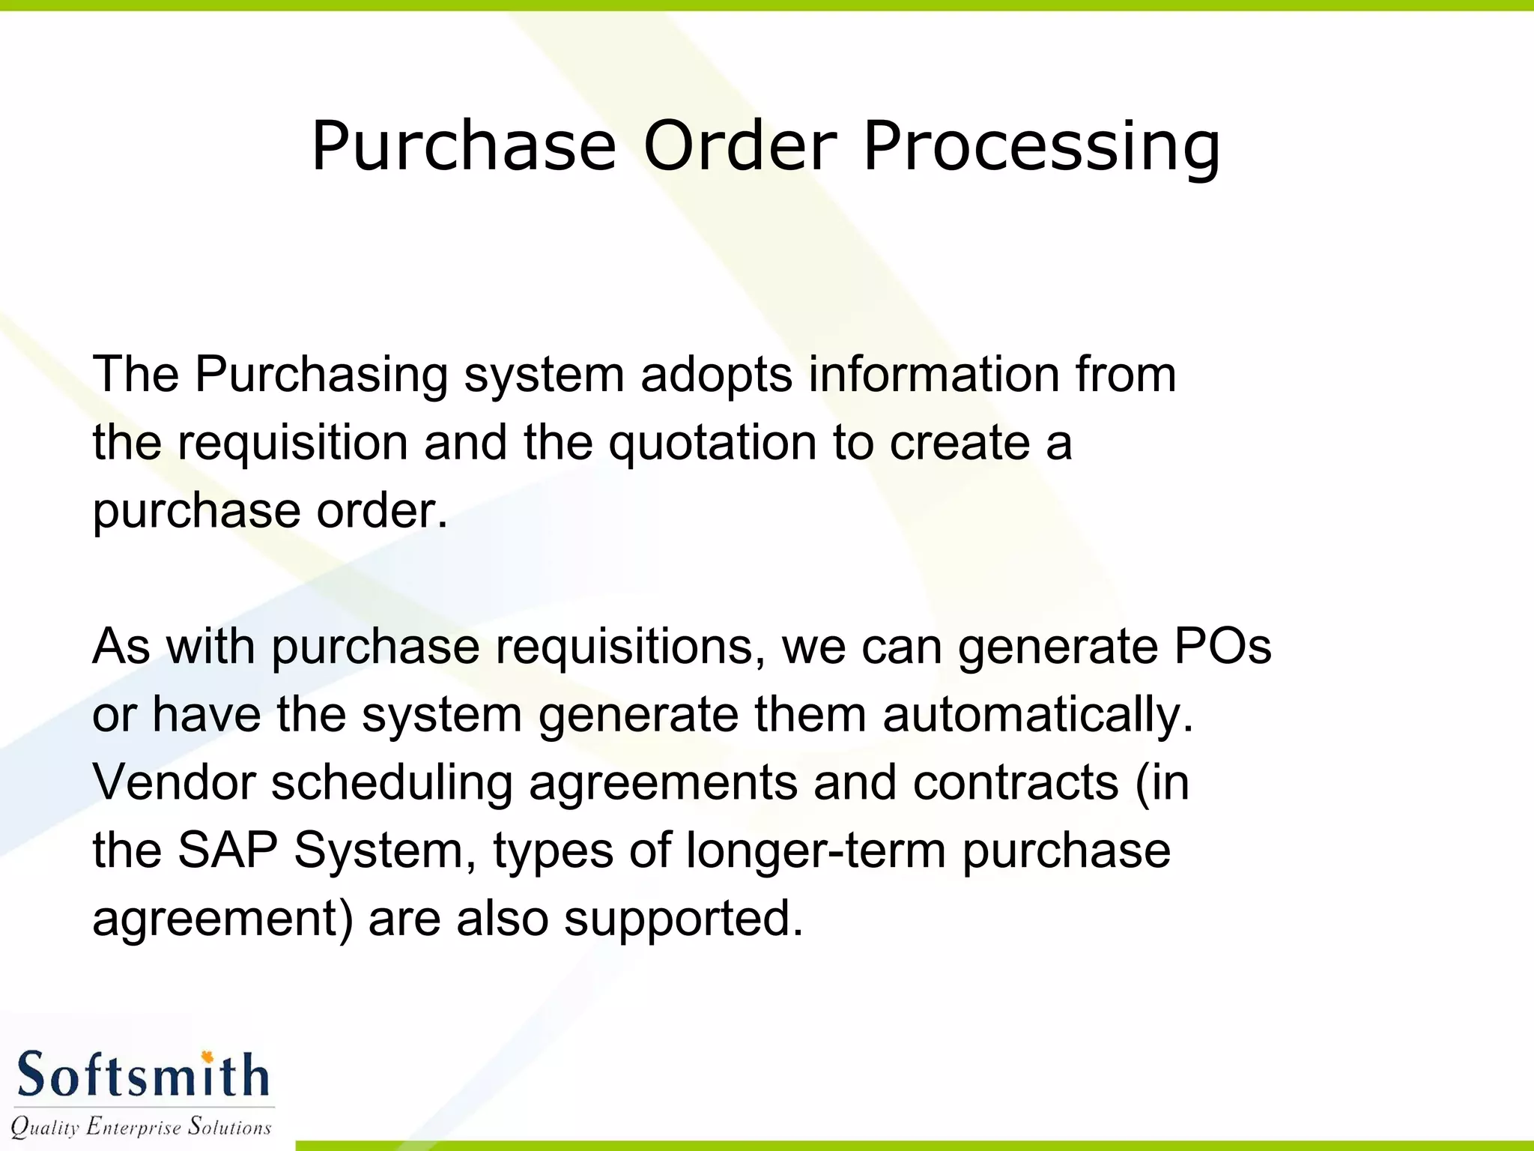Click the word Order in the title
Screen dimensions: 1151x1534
(739, 145)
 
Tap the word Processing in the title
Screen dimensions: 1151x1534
(1041, 147)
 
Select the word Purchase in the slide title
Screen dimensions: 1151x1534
(464, 145)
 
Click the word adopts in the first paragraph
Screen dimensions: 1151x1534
(716, 374)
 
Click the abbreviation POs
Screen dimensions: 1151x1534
(1222, 646)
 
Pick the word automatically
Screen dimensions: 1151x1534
(1037, 715)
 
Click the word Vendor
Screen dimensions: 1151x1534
(174, 782)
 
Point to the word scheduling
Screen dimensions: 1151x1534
(391, 784)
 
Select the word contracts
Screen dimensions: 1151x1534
(1015, 782)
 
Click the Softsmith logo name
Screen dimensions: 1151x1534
(142, 1076)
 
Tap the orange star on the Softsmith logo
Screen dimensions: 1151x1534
(207, 1057)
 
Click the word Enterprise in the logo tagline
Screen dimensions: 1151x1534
(133, 1127)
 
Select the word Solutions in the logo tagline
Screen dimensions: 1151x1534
(229, 1126)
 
